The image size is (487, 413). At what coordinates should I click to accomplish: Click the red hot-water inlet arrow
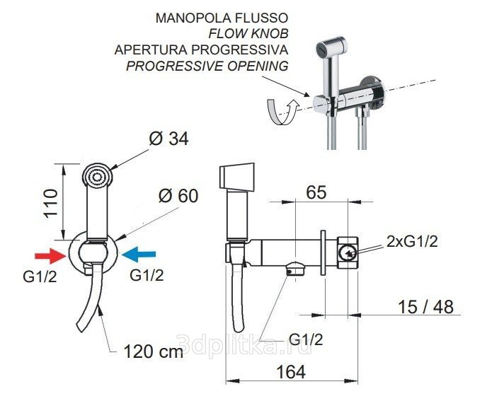50,256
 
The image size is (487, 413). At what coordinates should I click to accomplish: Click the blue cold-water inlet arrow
139,255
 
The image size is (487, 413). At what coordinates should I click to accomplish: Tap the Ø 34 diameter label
168,139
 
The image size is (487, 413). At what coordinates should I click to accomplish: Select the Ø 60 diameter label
178,196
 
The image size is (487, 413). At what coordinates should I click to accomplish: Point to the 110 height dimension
50,203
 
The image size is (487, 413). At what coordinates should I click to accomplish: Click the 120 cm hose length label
154,351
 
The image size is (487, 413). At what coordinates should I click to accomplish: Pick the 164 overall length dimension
291,371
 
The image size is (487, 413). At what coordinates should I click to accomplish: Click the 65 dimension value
316,192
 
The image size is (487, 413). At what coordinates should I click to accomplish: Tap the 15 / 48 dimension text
425,307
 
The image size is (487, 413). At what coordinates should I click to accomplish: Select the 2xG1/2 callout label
412,241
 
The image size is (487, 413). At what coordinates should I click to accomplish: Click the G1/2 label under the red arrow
40,277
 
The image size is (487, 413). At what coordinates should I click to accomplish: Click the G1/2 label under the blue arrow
147,275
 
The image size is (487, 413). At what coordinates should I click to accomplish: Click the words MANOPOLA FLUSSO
222,18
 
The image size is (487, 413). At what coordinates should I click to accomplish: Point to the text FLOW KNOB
248,33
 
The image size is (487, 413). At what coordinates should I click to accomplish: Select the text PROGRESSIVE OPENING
207,66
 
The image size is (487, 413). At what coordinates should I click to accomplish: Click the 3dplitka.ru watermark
244,344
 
